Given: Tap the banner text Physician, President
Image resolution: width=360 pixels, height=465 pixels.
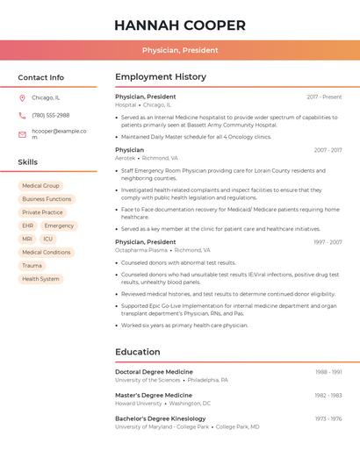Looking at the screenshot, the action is (180, 50).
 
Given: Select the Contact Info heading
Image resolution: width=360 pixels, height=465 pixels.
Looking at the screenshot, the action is (41, 77).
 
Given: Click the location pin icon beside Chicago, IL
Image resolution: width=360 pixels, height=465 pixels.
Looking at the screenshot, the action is (22, 97).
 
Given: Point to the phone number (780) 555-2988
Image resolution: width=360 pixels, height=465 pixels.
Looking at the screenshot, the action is (50, 115).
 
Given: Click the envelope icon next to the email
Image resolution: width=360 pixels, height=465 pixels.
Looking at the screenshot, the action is (22, 134).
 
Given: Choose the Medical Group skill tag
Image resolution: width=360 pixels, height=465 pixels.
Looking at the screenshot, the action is (40, 186).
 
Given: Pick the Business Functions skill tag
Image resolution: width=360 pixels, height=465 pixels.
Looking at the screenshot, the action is (47, 199).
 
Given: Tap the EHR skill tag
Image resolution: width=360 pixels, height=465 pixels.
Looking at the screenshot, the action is (28, 225).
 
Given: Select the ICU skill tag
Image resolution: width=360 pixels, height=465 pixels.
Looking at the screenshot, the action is (47, 239).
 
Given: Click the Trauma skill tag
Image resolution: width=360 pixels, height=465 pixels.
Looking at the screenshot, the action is (32, 265).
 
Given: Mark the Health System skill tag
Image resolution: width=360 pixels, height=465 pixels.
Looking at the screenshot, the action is (40, 279).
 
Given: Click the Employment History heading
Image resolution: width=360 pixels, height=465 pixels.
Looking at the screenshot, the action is (161, 77).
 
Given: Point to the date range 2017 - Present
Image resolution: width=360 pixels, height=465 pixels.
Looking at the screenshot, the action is (324, 97).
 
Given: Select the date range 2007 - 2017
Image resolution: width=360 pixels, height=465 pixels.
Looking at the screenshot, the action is (328, 150).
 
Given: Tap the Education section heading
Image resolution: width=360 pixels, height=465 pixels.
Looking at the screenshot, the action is (138, 352).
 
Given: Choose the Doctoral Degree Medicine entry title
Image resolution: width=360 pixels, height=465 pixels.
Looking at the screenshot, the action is (154, 372).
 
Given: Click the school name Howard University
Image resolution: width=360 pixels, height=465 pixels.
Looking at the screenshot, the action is (139, 404).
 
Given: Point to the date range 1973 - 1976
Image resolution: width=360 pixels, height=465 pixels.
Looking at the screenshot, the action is (328, 418).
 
